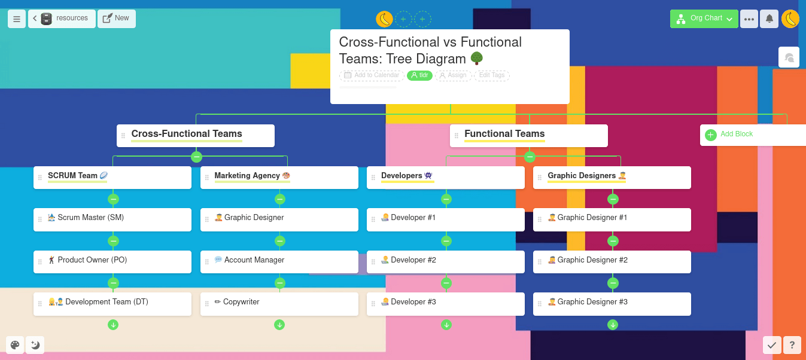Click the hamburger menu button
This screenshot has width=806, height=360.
[x=17, y=19]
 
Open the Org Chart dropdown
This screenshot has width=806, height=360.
[x=704, y=19]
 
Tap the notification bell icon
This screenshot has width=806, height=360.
[x=769, y=19]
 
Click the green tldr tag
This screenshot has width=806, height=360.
[x=419, y=75]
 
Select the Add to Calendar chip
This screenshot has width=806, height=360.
[x=372, y=75]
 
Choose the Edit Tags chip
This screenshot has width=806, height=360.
[x=491, y=75]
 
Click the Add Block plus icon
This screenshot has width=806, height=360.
[x=711, y=135]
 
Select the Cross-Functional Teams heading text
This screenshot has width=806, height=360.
[x=186, y=134]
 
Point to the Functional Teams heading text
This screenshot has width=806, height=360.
[x=504, y=134]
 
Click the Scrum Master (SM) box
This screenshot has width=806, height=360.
[x=112, y=219]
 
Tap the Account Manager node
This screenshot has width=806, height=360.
[x=279, y=262]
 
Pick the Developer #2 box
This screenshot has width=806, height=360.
[x=445, y=262]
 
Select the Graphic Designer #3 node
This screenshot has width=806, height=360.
[x=612, y=304]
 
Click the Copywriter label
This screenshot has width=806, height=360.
[x=241, y=302]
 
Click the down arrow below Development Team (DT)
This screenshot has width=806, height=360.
[x=113, y=325]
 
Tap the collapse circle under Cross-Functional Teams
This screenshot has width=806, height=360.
[x=196, y=157]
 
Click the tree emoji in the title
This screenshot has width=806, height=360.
[x=477, y=58]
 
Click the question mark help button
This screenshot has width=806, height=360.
[x=792, y=345]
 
